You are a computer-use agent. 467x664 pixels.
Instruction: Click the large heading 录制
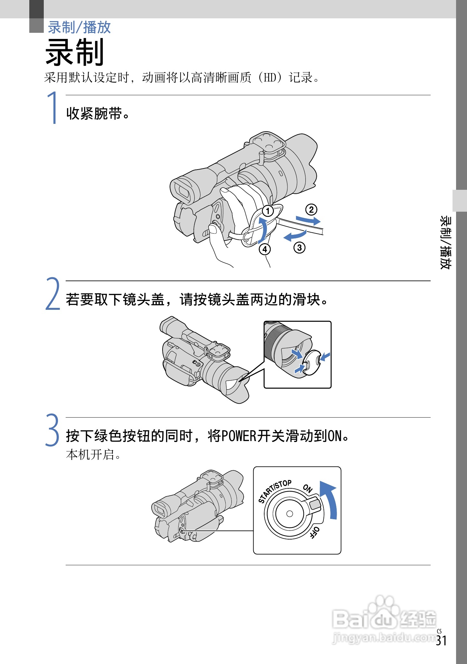click(x=75, y=52)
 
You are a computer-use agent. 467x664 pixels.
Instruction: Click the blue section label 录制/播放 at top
click(x=79, y=27)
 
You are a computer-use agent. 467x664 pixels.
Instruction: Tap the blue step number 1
click(x=53, y=108)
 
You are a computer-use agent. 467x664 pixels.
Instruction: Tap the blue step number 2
click(x=53, y=294)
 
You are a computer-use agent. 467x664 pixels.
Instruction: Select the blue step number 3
click(x=52, y=430)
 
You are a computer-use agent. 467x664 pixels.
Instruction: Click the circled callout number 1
click(x=268, y=211)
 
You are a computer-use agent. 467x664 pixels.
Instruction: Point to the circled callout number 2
click(x=311, y=210)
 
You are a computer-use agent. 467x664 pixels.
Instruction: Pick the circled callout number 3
click(x=299, y=248)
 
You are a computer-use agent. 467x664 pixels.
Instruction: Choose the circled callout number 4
click(x=265, y=249)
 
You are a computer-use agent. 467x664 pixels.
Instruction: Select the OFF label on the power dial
click(x=314, y=532)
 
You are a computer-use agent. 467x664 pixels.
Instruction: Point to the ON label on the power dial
click(x=308, y=488)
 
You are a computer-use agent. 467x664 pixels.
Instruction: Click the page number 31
click(x=441, y=641)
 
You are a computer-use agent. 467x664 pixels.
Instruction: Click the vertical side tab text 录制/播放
click(x=446, y=243)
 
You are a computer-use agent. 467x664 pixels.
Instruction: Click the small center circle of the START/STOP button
click(x=289, y=514)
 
